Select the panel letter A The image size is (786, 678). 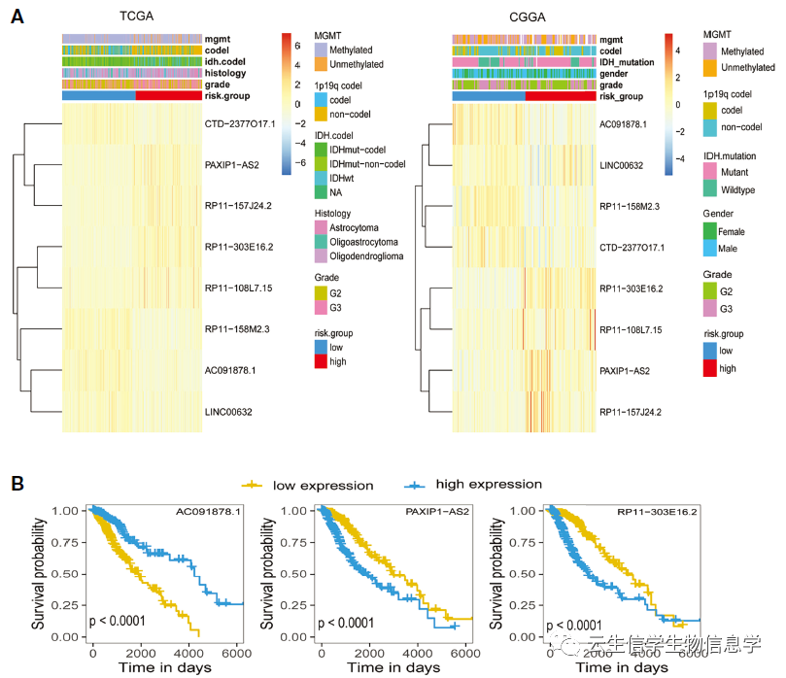[17, 17]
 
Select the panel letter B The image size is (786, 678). [17, 483]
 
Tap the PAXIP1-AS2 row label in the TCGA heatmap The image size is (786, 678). [231, 165]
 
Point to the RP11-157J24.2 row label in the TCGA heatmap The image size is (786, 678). [238, 206]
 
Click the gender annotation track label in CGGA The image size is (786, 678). [614, 73]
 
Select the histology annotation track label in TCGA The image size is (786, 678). [225, 73]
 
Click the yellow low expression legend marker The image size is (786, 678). [255, 484]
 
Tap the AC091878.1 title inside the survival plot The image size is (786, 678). [208, 511]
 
